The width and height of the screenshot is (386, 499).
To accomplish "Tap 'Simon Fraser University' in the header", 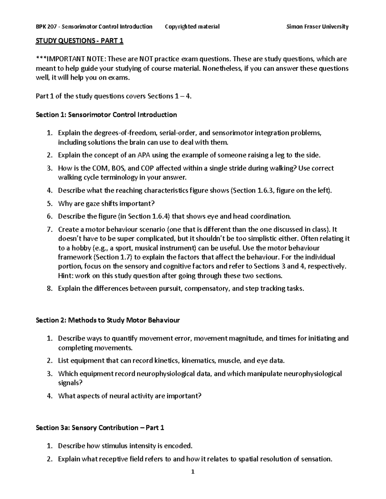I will [x=317, y=27].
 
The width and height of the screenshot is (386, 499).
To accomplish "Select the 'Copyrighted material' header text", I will [x=192, y=27].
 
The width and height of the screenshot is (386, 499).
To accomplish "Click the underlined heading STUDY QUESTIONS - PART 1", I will [x=79, y=41].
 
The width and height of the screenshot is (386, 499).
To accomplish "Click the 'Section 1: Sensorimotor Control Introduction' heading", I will [x=106, y=115].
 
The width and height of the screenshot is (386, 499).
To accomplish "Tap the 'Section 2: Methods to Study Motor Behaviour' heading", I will [x=108, y=320].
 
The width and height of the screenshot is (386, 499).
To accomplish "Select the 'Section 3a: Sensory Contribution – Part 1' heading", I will [x=100, y=428].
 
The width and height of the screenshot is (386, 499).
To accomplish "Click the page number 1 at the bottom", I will [x=193, y=472].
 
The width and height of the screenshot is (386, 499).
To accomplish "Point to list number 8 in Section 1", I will [x=49, y=289].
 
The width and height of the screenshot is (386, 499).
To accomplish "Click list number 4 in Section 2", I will [x=49, y=396].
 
